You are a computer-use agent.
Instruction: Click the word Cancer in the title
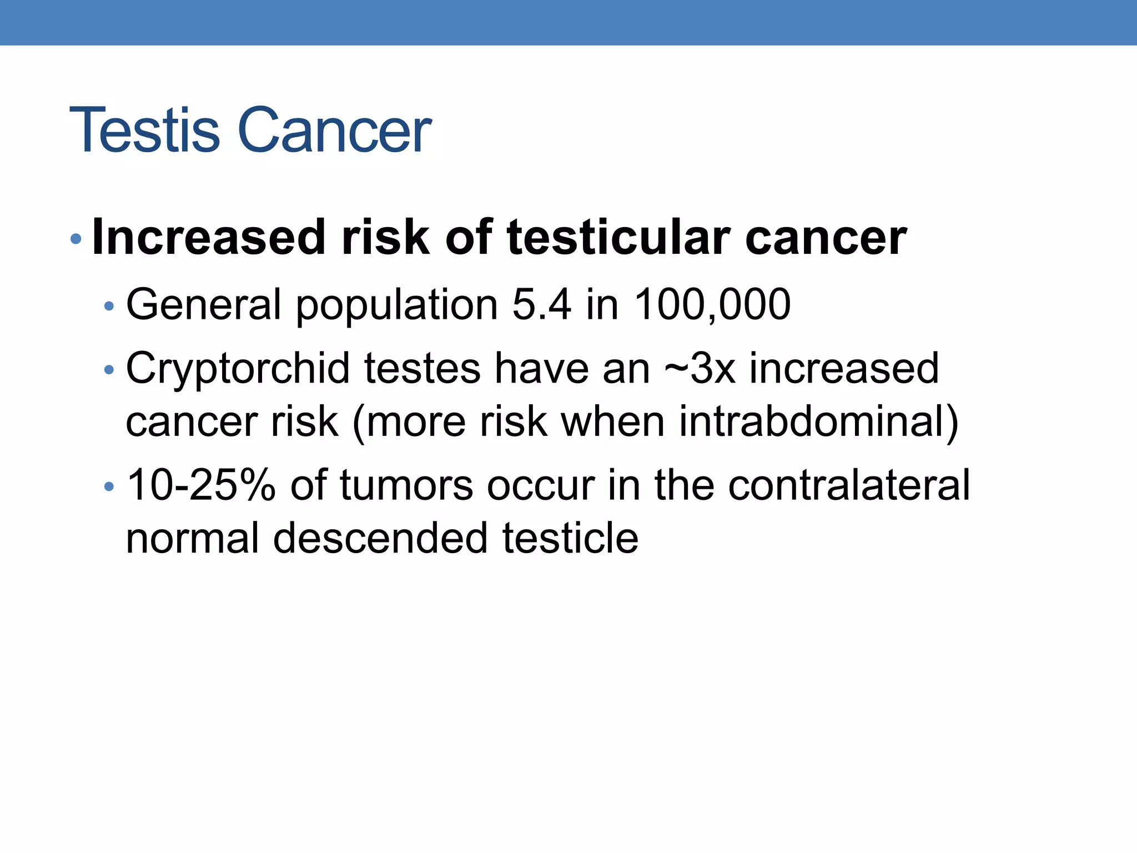[334, 131]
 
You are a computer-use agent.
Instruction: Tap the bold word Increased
[208, 237]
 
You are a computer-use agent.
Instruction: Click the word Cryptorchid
[238, 369]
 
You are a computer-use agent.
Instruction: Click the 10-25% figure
[201, 485]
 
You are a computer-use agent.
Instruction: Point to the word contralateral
[849, 485]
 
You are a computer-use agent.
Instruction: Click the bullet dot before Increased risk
[76, 240]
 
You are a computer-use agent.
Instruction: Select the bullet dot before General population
[109, 306]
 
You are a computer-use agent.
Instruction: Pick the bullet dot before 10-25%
[109, 487]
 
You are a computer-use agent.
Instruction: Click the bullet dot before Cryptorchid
[109, 370]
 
